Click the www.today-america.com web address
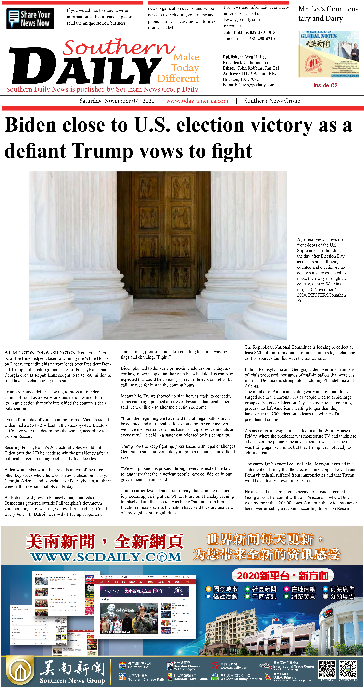click(197, 101)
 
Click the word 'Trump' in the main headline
click(102, 151)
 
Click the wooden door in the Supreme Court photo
click(164, 235)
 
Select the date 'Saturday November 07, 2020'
click(117, 101)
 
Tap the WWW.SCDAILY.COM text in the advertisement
click(106, 557)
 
